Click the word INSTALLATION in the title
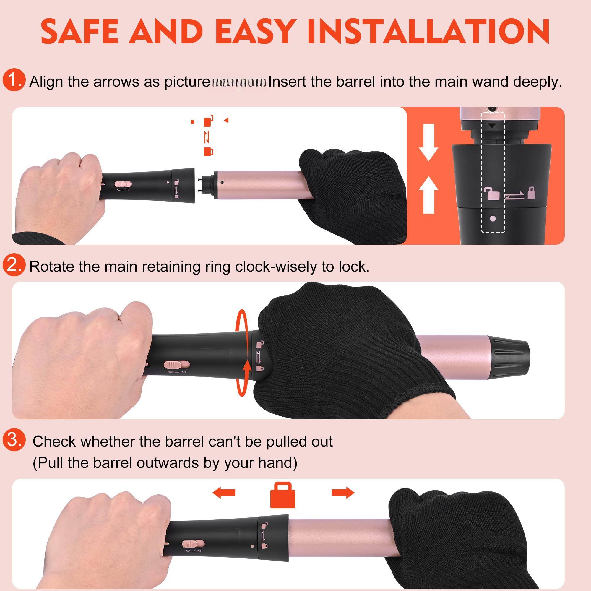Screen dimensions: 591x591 tap(428, 32)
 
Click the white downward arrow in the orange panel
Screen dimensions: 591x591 tap(428, 142)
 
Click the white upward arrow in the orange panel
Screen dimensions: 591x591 tap(428, 194)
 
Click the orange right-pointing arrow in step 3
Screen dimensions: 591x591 tap(343, 493)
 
